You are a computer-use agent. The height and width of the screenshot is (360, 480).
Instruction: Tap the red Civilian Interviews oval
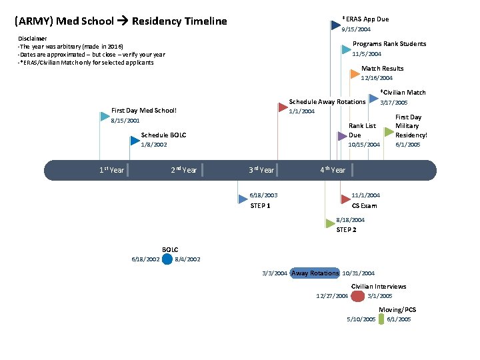(358, 295)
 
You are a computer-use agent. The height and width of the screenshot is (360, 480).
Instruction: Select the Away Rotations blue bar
(315, 273)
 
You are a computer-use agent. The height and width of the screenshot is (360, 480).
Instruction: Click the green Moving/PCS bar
(381, 319)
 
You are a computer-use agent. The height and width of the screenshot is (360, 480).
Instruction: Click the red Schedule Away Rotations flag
(282, 107)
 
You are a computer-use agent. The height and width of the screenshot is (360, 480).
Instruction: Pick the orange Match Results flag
(355, 74)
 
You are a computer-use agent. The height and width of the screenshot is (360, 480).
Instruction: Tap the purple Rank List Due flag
(341, 136)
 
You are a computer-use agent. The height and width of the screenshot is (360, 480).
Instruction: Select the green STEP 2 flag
(329, 223)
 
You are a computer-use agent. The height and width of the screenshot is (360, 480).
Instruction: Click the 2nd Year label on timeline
(184, 170)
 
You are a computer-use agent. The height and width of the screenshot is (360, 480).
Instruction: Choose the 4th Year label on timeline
(333, 170)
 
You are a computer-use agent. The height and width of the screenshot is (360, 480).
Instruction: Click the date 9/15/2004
(356, 29)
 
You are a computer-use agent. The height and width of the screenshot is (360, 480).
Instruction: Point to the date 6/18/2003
(263, 195)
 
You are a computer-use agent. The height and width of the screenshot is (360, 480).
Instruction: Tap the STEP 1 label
(260, 206)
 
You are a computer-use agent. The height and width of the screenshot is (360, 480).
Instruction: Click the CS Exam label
(364, 206)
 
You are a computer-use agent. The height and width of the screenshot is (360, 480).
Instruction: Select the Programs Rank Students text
(389, 44)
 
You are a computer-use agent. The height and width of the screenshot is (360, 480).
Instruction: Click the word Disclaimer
(33, 39)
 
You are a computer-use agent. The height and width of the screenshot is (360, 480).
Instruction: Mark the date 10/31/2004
(358, 273)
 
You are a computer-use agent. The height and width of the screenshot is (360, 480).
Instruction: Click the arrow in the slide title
(122, 21)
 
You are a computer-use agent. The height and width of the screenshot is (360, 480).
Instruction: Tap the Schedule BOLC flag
(135, 140)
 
